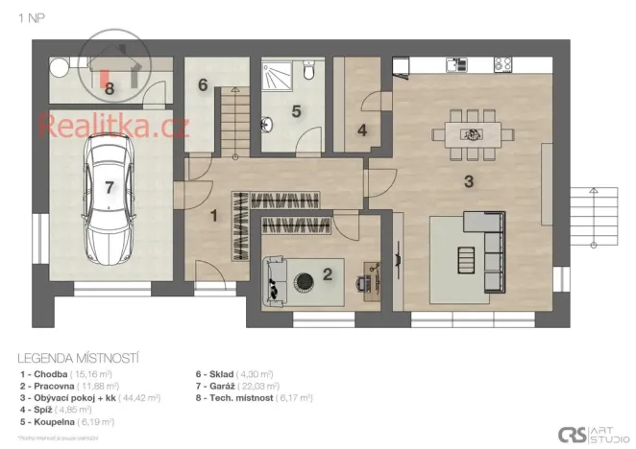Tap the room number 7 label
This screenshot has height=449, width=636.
point(110,187)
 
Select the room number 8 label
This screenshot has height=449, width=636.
point(110,88)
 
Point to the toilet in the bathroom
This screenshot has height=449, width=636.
point(307,71)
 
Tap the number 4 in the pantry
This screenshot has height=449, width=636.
point(362,130)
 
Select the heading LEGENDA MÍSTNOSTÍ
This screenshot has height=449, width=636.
point(72,354)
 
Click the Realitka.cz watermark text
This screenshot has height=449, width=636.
point(112,125)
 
